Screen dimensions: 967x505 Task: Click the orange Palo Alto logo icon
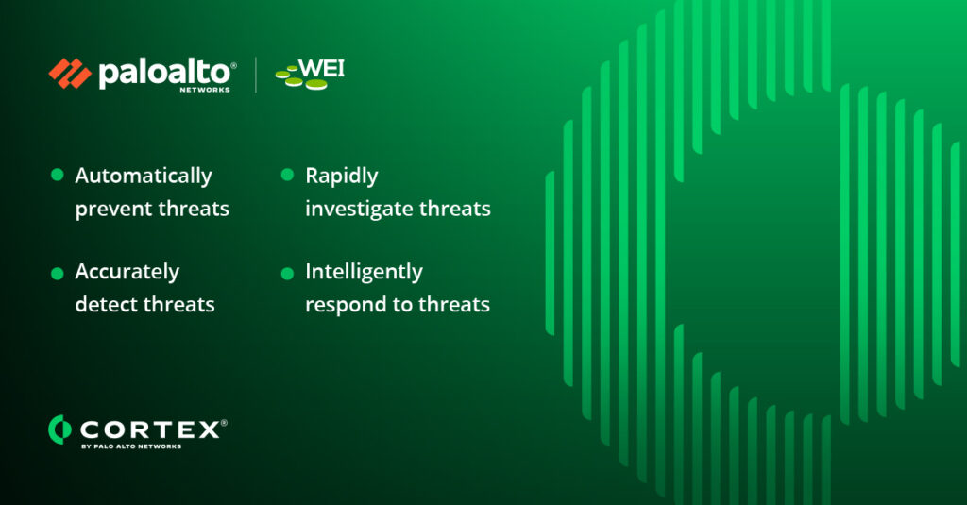pos(70,74)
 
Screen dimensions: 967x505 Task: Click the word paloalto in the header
pos(164,73)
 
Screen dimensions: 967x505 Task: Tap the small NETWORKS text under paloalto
pos(205,90)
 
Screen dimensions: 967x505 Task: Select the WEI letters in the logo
pos(321,69)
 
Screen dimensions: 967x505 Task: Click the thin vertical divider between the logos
pos(256,75)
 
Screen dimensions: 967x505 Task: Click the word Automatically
pos(144,177)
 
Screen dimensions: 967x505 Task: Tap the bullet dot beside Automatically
pos(58,175)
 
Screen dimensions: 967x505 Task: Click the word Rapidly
pos(342,177)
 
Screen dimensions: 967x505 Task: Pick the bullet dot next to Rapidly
pos(287,175)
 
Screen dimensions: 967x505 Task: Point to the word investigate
pos(360,210)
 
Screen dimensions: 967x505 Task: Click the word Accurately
pos(127,272)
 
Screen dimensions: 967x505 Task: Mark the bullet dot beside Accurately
pos(58,273)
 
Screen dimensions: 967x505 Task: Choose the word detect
pos(104,305)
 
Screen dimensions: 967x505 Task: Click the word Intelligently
pos(364,272)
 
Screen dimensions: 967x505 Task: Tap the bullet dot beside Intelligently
pos(287,273)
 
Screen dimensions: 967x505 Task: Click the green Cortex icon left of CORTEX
pos(59,429)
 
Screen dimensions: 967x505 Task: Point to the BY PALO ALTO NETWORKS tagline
pos(131,446)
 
